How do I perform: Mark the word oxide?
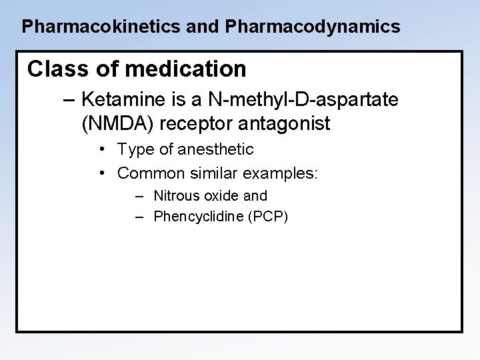tap(221, 196)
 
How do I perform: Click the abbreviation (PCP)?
tap(267, 216)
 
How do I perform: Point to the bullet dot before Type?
tap(103, 150)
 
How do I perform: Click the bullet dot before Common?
tap(103, 173)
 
